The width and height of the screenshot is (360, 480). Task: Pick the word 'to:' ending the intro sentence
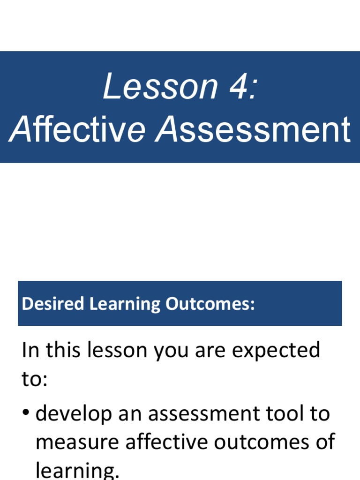[x=34, y=379]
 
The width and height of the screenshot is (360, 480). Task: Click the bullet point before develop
[x=26, y=413]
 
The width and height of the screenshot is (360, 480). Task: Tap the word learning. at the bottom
[x=77, y=470]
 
